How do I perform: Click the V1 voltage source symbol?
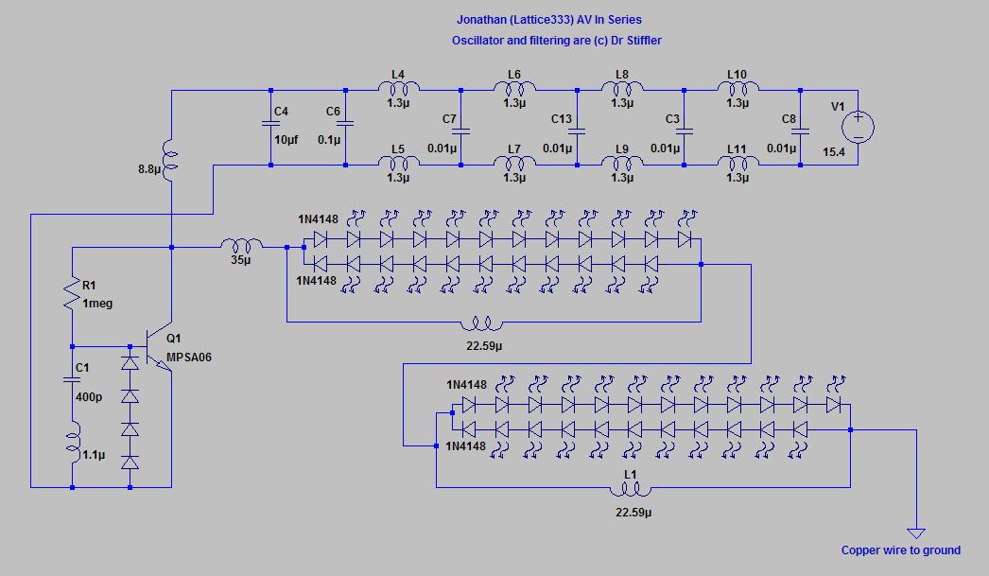pyautogui.click(x=858, y=127)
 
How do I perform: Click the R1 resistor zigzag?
pyautogui.click(x=72, y=294)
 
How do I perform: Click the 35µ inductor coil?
pyautogui.click(x=241, y=245)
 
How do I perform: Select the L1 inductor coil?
pyautogui.click(x=630, y=489)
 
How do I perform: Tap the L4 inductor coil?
pyautogui.click(x=399, y=88)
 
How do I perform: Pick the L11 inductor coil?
pyautogui.click(x=737, y=163)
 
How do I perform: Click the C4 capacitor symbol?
pyautogui.click(x=270, y=124)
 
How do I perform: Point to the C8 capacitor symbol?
pyautogui.click(x=800, y=131)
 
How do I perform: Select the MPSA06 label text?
pyautogui.click(x=188, y=358)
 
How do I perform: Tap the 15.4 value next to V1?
pyautogui.click(x=833, y=152)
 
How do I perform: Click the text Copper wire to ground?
pyautogui.click(x=901, y=550)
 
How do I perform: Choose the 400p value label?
pyautogui.click(x=89, y=397)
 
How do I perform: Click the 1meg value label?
pyautogui.click(x=97, y=304)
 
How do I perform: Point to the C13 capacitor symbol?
pyautogui.click(x=577, y=131)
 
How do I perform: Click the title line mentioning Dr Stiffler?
pyautogui.click(x=556, y=41)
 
